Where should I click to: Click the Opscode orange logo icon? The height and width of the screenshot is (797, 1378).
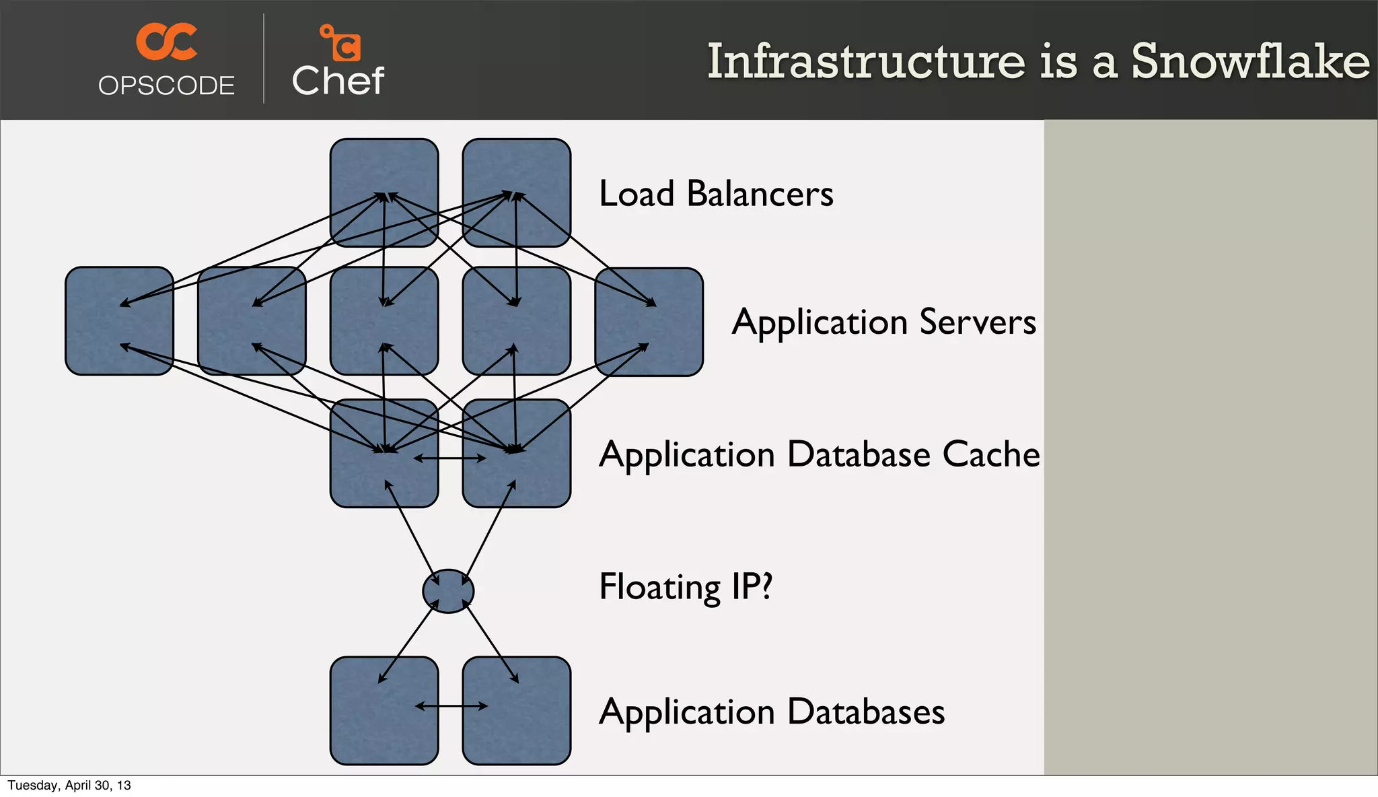coord(166,41)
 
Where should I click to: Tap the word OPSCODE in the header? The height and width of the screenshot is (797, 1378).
coord(166,85)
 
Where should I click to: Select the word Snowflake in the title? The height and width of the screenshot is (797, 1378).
coord(1250,61)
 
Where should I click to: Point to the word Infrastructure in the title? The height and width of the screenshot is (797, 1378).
coord(866,61)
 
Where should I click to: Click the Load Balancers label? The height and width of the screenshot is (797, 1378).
coord(716,194)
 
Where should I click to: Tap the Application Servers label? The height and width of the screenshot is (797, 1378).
coord(883,322)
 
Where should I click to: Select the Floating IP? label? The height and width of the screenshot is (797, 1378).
coord(685,586)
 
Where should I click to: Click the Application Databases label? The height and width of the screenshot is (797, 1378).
coord(772,712)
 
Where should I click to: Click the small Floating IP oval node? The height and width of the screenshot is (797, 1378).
coord(448,591)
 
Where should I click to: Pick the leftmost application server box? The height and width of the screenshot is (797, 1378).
coord(119,321)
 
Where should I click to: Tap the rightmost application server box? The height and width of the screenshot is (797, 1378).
coord(649,322)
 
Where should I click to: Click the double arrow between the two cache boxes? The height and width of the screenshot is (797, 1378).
coord(449,458)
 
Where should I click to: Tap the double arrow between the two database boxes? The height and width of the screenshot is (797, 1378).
coord(451,706)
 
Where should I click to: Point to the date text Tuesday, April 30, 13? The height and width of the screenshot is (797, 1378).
coord(69,786)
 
